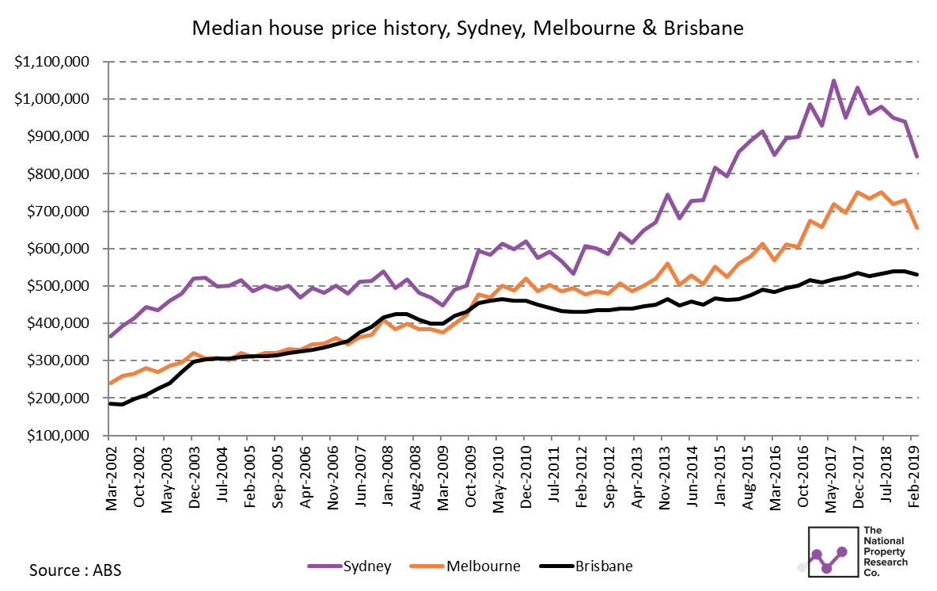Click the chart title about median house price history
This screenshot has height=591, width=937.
pos(468,28)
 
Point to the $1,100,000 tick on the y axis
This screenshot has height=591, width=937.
pos(52,62)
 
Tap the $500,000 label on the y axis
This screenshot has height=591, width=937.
pos(58,286)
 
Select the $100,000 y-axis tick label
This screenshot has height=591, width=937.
pos(58,436)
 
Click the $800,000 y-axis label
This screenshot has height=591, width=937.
pos(58,174)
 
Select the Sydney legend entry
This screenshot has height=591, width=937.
pos(350,566)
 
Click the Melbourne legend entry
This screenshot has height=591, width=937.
pos(465,566)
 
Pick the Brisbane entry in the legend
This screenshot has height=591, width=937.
pos(586,566)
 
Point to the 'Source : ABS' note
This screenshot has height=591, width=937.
pos(75,570)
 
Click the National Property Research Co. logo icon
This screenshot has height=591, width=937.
pos(833,551)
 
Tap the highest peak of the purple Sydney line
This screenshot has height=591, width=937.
pos(833,81)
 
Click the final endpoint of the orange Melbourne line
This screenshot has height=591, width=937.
pos(916,228)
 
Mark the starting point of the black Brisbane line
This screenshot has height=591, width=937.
pos(109,404)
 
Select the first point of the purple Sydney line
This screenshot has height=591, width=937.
pos(109,337)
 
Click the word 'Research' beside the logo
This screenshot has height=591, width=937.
pos(886,562)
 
